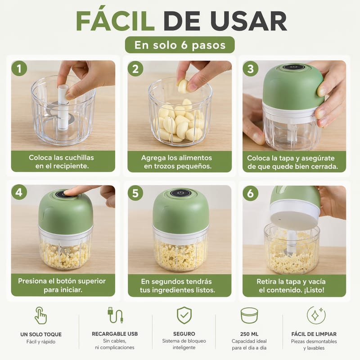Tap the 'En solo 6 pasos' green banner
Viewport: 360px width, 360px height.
180,45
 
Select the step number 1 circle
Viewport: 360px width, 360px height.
19,68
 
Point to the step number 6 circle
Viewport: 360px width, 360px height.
251,193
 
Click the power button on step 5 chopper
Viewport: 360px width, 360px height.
181,193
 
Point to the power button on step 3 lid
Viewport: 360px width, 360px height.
294,67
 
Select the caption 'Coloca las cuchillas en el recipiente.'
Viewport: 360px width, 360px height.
62,162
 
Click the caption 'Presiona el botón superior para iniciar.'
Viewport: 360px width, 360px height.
62,285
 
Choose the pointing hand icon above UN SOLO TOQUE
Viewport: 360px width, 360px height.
41,315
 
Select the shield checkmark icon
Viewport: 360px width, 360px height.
184,315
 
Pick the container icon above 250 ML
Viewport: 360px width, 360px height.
249,315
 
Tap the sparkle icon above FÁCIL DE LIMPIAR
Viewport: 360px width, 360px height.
316,315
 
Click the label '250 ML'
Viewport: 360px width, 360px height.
249,334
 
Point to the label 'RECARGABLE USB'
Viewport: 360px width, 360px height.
115,334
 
